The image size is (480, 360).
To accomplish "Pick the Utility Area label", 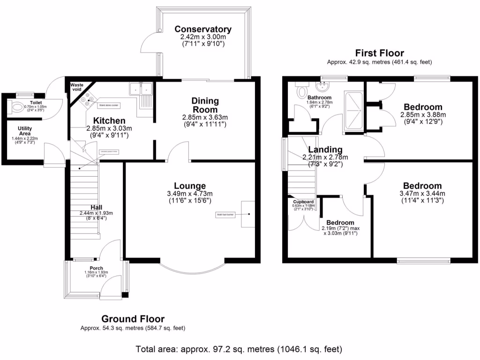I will click(25, 130).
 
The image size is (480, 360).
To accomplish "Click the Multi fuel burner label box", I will click(225, 215).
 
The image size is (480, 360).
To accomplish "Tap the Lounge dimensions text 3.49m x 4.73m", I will click(190, 194).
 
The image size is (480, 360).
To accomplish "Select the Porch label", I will click(96, 268).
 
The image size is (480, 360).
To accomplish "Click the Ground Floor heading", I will click(133, 319).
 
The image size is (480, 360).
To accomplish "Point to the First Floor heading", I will click(379, 53).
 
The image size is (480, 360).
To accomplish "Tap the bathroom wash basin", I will click(322, 86).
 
